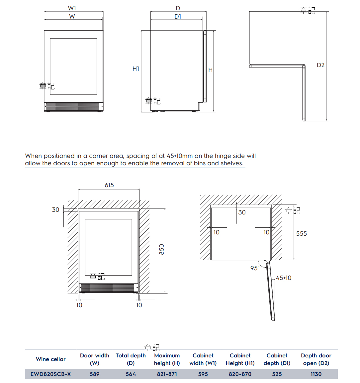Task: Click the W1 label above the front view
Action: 72,8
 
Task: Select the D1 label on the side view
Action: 178,16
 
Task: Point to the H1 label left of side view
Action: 136,69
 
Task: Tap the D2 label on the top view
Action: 320,65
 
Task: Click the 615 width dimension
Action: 109,185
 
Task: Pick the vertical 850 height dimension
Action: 162,249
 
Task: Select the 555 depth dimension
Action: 302,234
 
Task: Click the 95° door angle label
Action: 255,268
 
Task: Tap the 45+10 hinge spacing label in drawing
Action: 284,278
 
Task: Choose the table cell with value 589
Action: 95,374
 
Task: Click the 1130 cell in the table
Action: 316,374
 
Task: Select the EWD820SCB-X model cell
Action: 51,374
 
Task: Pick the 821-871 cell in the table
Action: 167,374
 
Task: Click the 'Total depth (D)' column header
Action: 131,359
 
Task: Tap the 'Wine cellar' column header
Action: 51,359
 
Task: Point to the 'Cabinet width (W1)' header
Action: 203,359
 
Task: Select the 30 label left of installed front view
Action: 55,210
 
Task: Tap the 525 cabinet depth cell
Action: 277,374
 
